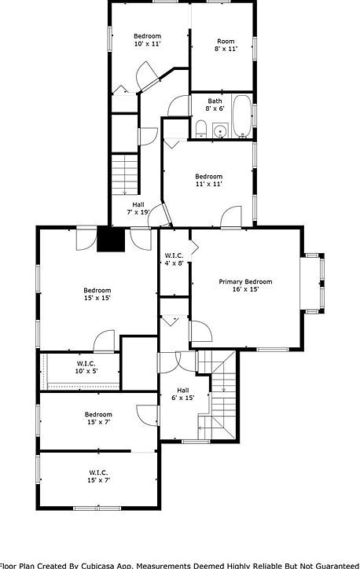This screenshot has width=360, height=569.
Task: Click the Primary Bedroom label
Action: pos(245,281)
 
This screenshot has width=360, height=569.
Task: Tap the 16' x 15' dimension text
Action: pos(245,289)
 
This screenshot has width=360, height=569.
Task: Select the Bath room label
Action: pos(215,101)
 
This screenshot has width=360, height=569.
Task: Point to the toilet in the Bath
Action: pos(201,129)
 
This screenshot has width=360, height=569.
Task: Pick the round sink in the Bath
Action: pos(221,131)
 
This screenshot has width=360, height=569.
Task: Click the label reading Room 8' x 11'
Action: pos(226,45)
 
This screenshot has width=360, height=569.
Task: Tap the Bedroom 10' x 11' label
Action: pos(147,40)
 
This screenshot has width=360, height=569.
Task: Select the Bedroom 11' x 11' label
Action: pos(208,180)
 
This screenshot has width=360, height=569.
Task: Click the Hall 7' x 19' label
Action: pos(138,208)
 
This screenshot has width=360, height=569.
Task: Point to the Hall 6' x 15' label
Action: pos(182,394)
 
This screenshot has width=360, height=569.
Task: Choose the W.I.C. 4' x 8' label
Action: pos(174,259)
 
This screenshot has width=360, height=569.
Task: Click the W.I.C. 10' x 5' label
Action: pos(86,367)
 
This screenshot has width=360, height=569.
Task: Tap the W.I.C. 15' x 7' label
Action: pos(99,475)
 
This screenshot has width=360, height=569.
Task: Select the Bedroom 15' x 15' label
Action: pos(97,294)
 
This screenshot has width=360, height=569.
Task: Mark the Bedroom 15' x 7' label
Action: pos(98,418)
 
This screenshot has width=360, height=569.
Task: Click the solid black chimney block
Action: pos(111,240)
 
